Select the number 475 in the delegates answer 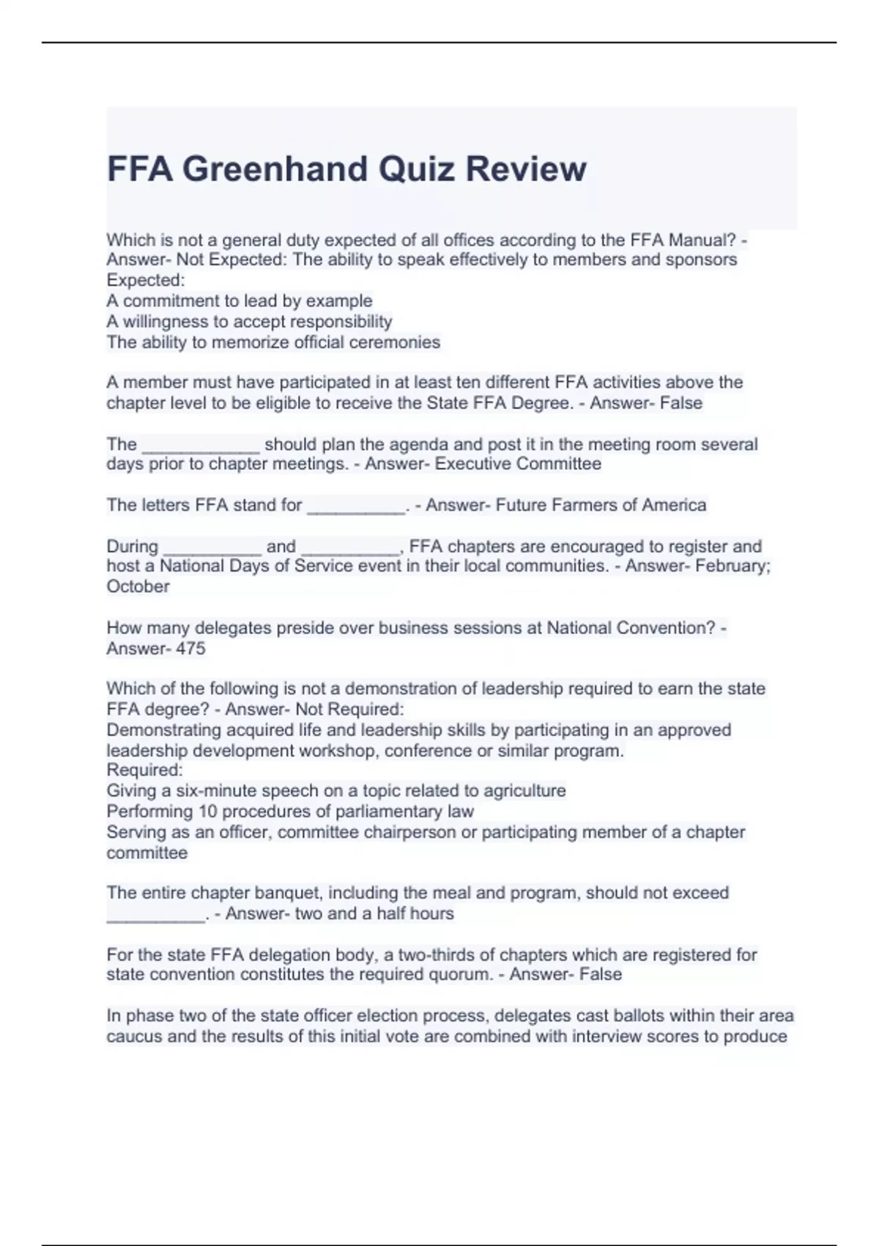[190, 648]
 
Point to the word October [138, 586]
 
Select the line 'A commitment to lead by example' [240, 301]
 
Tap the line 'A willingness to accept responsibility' [249, 321]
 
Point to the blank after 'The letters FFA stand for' [356, 507]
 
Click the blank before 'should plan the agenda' [200, 446]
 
